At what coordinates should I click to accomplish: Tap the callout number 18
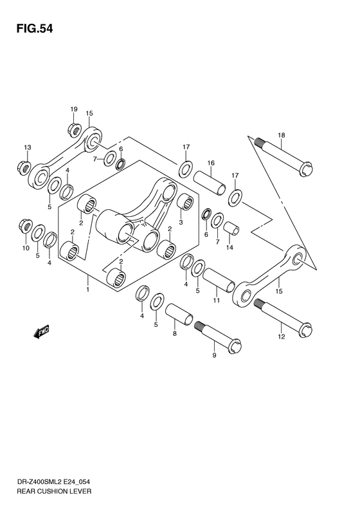281,134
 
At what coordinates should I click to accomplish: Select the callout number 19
74,109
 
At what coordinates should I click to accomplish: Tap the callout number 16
210,163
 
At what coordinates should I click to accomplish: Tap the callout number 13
27,148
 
